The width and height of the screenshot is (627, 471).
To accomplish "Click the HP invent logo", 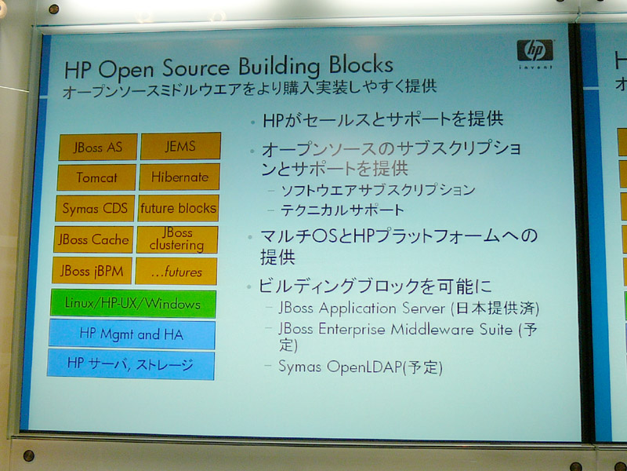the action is (535, 53).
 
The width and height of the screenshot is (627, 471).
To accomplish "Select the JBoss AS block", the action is (98, 147).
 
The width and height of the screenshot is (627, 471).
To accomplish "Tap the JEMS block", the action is (180, 146).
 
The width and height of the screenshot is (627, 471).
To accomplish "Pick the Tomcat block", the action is (96, 177).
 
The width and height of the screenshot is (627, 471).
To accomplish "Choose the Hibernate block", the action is (179, 177).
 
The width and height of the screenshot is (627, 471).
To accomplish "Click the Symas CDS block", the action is (95, 208).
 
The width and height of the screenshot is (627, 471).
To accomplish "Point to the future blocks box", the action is (179, 208).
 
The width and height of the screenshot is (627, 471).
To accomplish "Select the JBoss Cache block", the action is (93, 239).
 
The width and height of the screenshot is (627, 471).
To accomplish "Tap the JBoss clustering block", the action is (177, 239).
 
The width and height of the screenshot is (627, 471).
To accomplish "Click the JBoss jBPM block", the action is (92, 271).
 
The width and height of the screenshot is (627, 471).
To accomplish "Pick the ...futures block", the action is (176, 271).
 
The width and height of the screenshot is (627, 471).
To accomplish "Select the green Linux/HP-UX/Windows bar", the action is (133, 304).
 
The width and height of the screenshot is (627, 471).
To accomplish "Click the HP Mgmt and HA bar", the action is (132, 334).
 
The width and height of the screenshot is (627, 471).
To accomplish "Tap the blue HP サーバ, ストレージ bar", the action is (130, 364).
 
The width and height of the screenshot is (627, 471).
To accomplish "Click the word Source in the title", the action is (195, 68).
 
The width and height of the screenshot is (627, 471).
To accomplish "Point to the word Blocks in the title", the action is (361, 64).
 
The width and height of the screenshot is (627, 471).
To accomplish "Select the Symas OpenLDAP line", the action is (361, 367).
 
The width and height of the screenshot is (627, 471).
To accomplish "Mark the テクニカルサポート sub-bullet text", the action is (342, 210).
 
